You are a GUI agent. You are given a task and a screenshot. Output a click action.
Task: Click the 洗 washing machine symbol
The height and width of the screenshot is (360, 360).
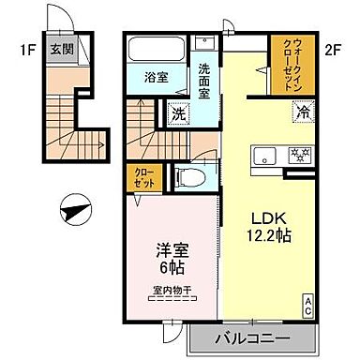tap(178, 114)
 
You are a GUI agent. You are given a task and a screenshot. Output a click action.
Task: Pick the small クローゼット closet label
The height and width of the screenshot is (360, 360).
tap(138, 178)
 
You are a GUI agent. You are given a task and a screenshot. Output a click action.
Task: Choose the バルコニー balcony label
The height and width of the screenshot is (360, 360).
tap(250, 337)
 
